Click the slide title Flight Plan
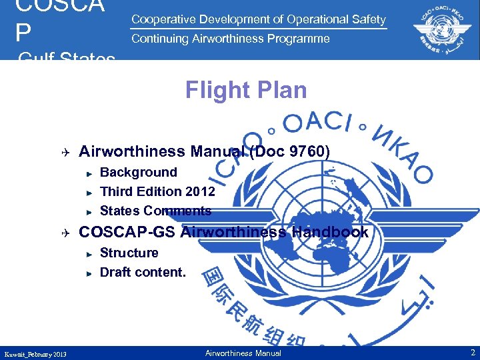click(246, 89)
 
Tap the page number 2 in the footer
click(472, 353)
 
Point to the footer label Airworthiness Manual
click(243, 353)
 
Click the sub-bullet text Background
click(138, 172)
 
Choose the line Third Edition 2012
click(157, 191)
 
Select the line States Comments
click(155, 211)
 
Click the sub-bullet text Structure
click(129, 253)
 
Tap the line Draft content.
click(143, 272)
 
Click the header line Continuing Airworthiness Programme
click(231, 39)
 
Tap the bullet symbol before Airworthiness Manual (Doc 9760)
click(66, 152)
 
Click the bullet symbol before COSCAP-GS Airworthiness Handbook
click(66, 233)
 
